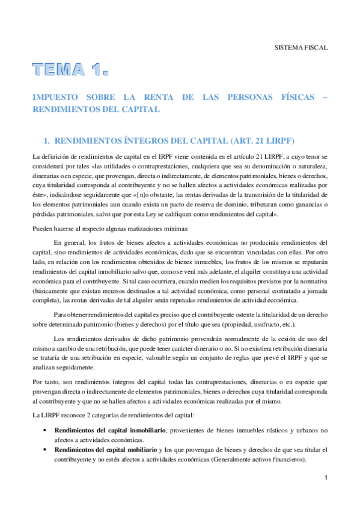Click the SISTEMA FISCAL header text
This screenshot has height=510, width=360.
click(301, 46)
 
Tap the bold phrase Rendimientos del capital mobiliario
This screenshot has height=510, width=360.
click(106, 450)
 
